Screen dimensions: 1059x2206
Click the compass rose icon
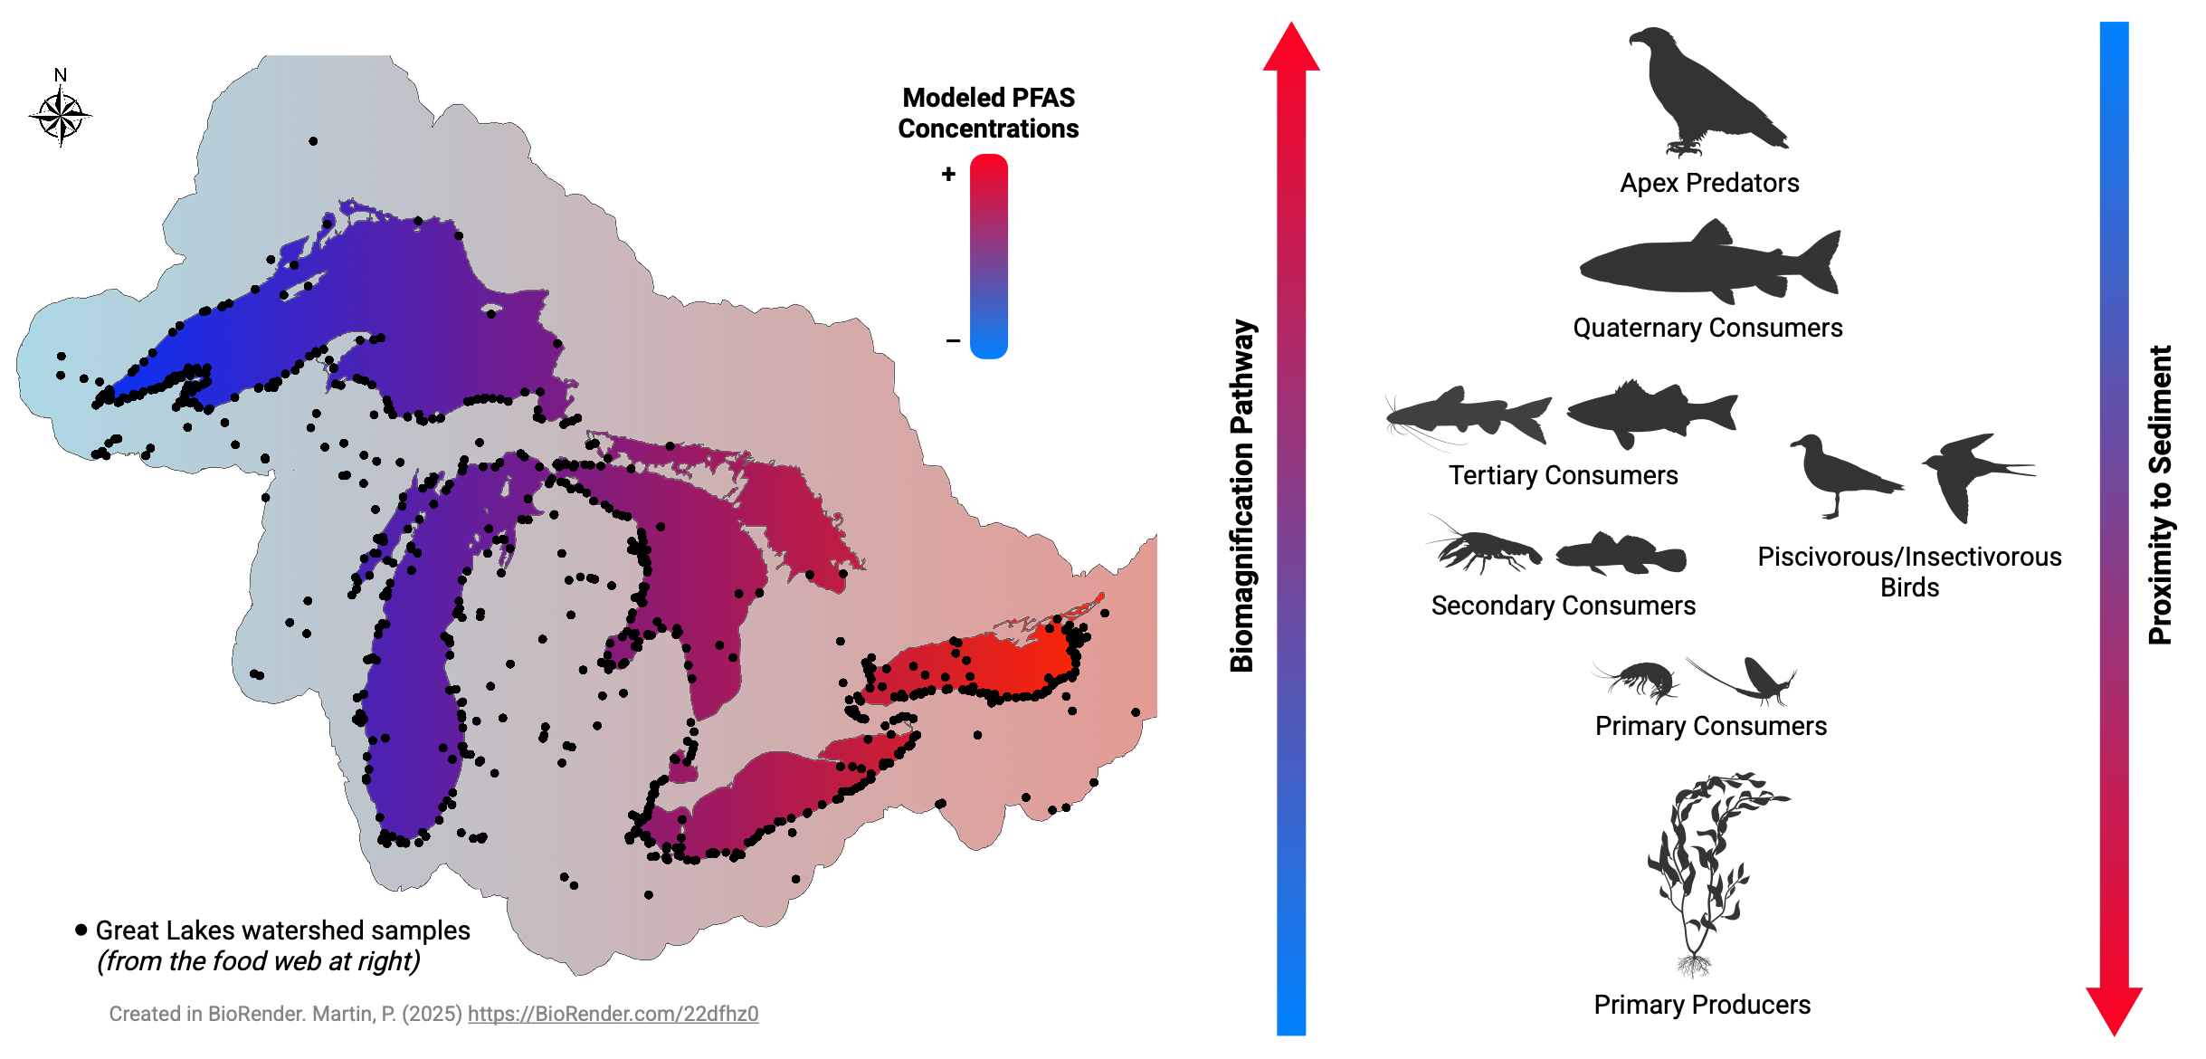(61, 116)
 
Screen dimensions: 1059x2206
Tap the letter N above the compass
(61, 75)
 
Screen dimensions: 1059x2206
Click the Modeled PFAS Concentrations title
(988, 113)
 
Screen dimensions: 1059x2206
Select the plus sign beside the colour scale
(948, 174)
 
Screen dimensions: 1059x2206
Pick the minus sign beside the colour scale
(953, 341)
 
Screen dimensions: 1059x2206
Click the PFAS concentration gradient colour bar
(988, 256)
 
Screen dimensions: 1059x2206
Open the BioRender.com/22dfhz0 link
(613, 1014)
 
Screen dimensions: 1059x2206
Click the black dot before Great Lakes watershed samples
(81, 930)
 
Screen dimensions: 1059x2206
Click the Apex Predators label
(1709, 183)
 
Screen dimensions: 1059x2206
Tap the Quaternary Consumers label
(1707, 328)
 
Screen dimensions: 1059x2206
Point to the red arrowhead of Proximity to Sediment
(2114, 1009)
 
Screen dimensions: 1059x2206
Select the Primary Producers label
(1702, 1005)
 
